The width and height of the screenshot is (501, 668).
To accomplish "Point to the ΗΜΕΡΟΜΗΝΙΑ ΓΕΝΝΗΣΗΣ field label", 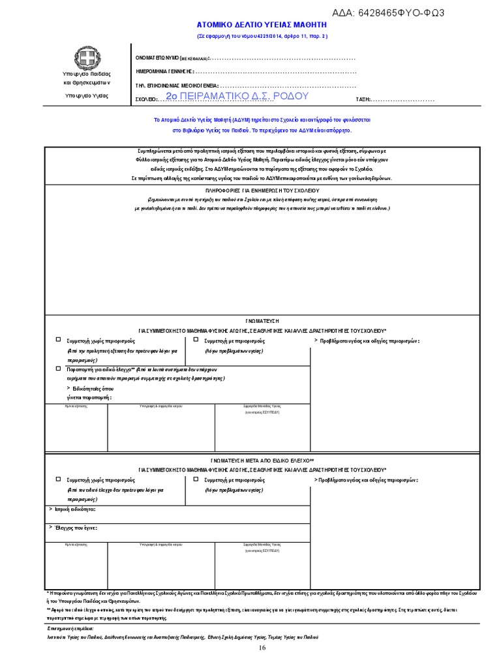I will pos(164,71).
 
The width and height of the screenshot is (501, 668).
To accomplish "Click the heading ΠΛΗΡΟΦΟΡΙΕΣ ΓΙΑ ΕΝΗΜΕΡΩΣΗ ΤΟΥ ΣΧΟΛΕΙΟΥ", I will pos(263,190).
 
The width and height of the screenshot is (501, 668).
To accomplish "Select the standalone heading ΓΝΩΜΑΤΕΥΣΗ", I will pos(263,321).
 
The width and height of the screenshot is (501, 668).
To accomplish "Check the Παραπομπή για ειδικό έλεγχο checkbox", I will pos(59,369).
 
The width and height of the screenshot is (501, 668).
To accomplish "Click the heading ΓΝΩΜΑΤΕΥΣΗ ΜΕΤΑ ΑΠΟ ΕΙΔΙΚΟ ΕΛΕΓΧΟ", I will pos(262,460).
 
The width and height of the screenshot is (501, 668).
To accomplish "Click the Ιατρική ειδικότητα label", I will pos(73,509).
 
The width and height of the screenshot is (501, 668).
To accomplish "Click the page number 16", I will pos(262,648).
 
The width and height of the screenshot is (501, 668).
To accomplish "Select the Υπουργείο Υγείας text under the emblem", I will pos(87,96).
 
